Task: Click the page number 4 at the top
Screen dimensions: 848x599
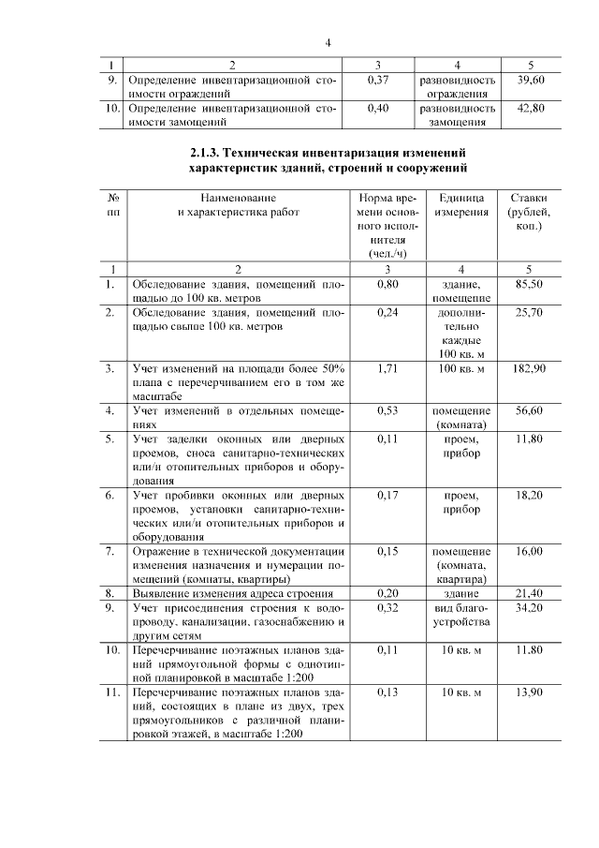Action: coord(329,42)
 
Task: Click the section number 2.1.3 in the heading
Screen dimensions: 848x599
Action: coord(205,152)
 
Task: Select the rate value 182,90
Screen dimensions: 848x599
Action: coord(530,368)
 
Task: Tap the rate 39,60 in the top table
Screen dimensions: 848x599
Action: coord(530,81)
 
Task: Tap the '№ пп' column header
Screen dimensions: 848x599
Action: coord(112,205)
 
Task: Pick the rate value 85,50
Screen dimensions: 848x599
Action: coord(530,283)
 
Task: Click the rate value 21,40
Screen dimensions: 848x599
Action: coord(530,594)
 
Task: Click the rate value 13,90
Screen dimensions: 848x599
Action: coord(530,692)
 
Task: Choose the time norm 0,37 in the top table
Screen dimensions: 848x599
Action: coord(377,81)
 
